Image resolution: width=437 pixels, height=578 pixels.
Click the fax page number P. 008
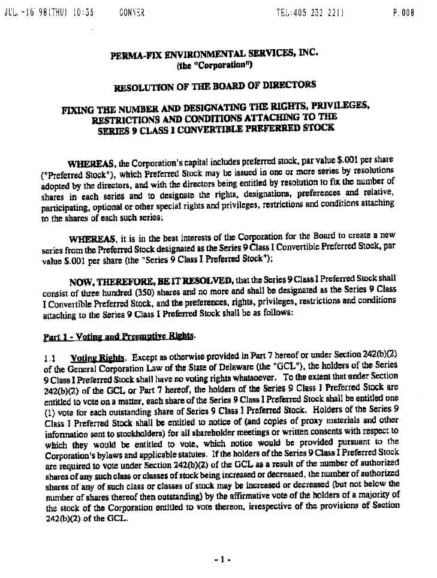coord(403,12)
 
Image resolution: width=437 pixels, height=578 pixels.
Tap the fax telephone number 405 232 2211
coord(319,12)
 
